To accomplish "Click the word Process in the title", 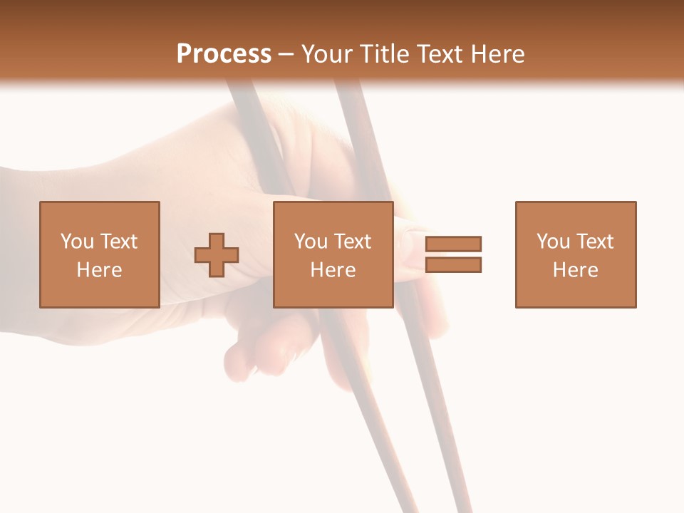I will [x=224, y=53].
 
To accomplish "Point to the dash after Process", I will [x=286, y=54].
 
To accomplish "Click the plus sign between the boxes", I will [x=217, y=255].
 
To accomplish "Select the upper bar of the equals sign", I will [x=453, y=244].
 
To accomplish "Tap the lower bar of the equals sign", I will [x=453, y=265].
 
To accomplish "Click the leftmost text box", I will [x=99, y=254].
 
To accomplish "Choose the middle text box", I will [x=333, y=254].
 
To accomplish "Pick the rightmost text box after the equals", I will [x=575, y=254].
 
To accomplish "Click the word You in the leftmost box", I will [x=76, y=241].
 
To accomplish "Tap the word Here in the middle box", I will [x=333, y=269].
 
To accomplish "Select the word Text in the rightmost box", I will [x=595, y=241].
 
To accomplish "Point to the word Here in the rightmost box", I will [x=575, y=269].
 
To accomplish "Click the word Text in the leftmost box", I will [x=119, y=241].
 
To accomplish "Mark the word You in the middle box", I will [x=310, y=241].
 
